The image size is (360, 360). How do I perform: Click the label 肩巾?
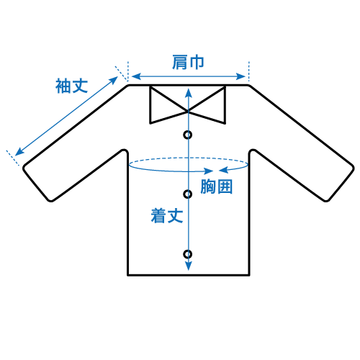188,63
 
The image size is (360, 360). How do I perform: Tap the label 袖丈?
71,86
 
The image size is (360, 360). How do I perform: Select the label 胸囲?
217,186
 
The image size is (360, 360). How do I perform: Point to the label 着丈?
167,216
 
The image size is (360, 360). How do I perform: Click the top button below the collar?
188,135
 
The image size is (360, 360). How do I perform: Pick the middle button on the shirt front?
188,194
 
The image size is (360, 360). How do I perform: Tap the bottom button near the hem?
188,254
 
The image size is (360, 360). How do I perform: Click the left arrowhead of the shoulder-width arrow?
136,76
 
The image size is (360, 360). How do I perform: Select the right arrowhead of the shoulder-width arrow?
240,76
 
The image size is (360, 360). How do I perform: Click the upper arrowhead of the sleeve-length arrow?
114,80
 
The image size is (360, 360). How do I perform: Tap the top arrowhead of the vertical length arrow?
189,93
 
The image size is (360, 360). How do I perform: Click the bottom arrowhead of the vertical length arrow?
189,266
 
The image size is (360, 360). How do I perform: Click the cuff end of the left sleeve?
37,183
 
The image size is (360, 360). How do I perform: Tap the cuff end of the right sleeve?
341,183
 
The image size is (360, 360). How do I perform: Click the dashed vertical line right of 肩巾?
249,71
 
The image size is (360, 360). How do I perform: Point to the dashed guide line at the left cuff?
12,158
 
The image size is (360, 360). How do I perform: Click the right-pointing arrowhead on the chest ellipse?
208,171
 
